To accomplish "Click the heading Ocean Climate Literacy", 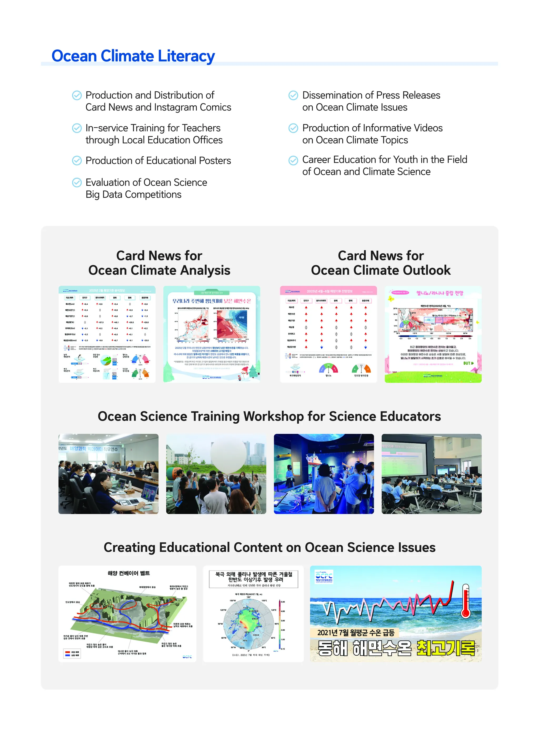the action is (133, 56).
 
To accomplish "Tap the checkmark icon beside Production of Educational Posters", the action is (77, 161).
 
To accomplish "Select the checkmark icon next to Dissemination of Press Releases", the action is (293, 95).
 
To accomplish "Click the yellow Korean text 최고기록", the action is (446, 648).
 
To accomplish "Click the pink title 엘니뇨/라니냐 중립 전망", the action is (440, 293).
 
